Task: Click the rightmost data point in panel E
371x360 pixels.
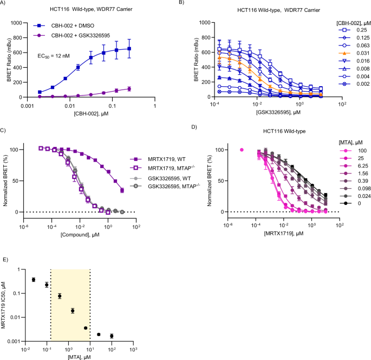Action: click(x=112, y=336)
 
